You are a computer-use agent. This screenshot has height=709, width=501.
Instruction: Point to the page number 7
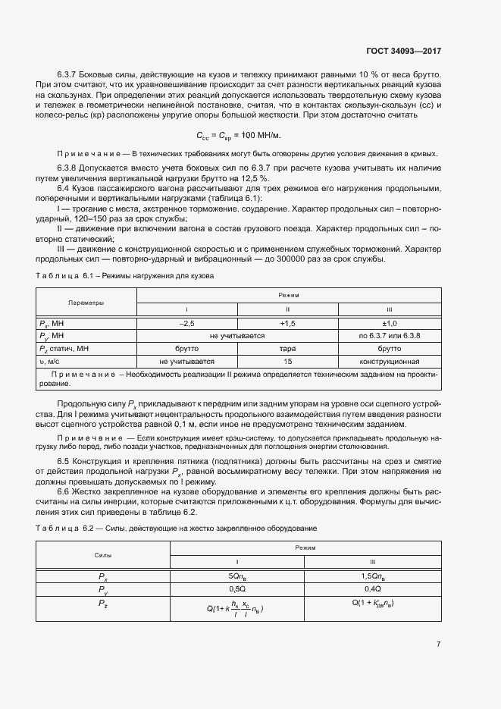click(439, 644)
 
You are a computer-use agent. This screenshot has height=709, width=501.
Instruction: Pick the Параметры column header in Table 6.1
click(86, 302)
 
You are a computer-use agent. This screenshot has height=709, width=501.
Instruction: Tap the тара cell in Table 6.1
click(287, 348)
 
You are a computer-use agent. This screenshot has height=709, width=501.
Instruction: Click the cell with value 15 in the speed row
click(287, 361)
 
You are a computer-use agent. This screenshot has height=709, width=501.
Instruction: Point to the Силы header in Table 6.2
click(102, 554)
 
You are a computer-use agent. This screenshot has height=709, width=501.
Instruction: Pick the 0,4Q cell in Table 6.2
click(371, 588)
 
